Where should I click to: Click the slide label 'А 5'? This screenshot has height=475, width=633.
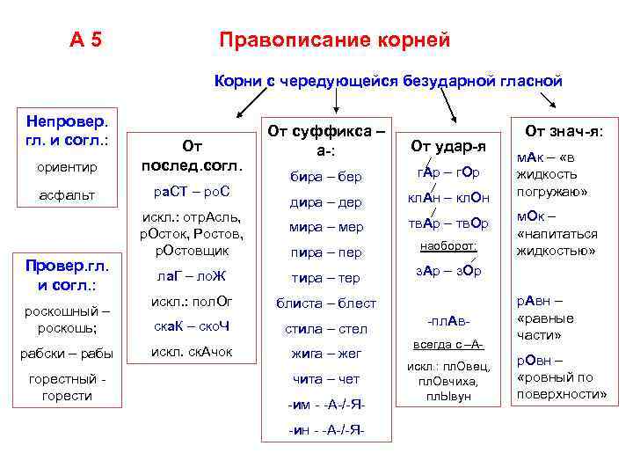click(x=86, y=40)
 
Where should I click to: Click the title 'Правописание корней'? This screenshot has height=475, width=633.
click(x=334, y=40)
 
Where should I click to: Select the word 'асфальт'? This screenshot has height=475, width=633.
click(x=67, y=195)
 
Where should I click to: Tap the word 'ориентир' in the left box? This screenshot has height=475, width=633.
click(x=67, y=165)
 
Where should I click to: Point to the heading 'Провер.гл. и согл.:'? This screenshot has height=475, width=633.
click(x=67, y=274)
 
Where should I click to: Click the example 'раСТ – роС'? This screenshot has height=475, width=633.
click(x=186, y=192)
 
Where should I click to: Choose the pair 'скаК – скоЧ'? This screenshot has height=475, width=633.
click(x=186, y=328)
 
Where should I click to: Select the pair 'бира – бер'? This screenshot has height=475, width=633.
click(x=326, y=177)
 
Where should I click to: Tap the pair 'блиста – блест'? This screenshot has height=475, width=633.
click(x=326, y=303)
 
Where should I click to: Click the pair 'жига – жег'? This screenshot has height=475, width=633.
click(x=326, y=354)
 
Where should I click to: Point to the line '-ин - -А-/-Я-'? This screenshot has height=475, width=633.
click(x=326, y=430)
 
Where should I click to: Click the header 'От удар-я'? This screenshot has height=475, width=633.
click(x=448, y=144)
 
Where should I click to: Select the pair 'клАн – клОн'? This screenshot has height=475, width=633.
click(x=448, y=197)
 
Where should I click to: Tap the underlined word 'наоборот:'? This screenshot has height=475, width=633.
click(x=448, y=247)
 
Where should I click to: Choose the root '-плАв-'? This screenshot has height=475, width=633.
click(x=448, y=319)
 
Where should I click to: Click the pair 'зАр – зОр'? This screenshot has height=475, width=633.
click(x=448, y=271)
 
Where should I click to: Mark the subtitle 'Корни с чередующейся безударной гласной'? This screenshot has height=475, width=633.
click(x=388, y=81)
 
